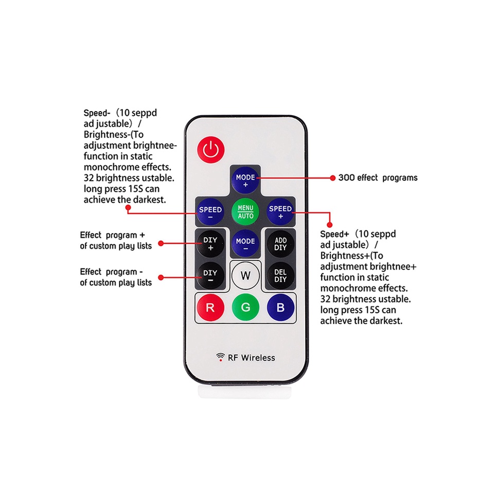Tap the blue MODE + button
[245, 181]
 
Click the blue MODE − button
[245, 244]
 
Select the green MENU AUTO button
[245, 212]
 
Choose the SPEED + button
[280, 212]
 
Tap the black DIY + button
[210, 243]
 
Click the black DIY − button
[210, 276]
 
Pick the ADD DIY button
[280, 243]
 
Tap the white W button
[245, 276]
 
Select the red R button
[210, 308]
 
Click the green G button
[245, 308]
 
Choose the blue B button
[280, 308]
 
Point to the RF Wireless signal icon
[220, 357]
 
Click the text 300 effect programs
[378, 177]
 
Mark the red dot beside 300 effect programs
[332, 177]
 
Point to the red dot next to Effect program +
[161, 242]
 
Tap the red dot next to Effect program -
[161, 277]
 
